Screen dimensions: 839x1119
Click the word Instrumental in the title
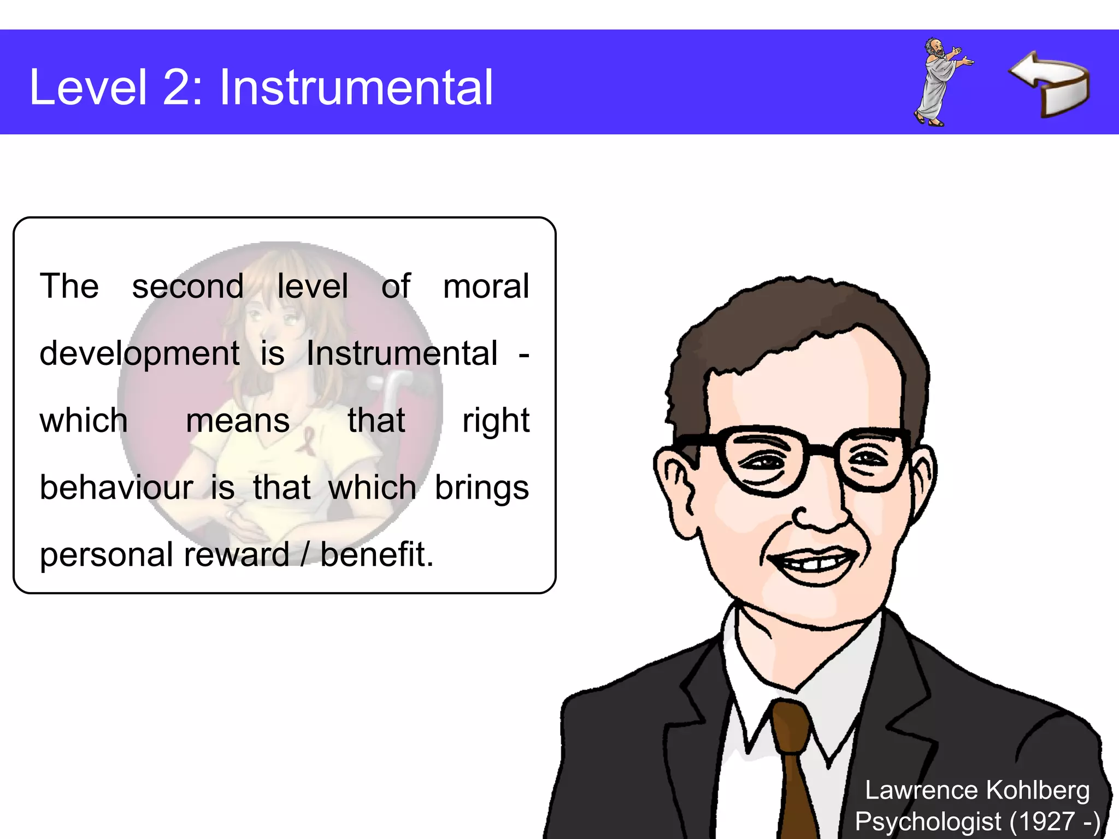point(356,87)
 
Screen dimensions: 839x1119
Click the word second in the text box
point(187,286)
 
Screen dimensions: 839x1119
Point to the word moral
point(486,286)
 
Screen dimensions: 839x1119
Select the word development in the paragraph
point(139,353)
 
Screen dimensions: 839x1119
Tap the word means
point(238,421)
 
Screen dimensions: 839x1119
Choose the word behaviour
point(116,487)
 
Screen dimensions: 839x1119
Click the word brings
point(481,488)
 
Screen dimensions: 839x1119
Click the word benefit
point(376,554)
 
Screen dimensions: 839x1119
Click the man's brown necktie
point(792,765)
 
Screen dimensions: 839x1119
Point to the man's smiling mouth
point(814,563)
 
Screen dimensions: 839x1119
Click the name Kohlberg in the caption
point(1038,790)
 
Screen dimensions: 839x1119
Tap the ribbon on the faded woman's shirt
point(307,440)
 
